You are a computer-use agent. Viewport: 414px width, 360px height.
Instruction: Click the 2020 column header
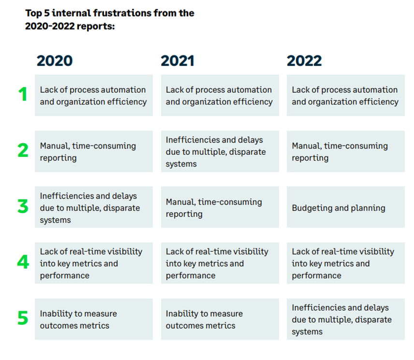pyautogui.click(x=55, y=61)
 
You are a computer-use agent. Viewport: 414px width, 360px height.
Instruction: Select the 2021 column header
pyautogui.click(x=177, y=61)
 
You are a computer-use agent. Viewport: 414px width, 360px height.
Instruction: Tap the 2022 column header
pyautogui.click(x=304, y=61)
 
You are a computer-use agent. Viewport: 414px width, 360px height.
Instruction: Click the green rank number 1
pyautogui.click(x=23, y=94)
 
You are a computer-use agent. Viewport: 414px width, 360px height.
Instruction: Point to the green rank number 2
pyautogui.click(x=23, y=150)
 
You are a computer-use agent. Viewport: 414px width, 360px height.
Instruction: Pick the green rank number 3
pyautogui.click(x=23, y=206)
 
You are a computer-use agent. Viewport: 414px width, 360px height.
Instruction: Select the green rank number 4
pyautogui.click(x=23, y=262)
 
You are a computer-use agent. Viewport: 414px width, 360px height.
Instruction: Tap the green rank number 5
pyautogui.click(x=23, y=318)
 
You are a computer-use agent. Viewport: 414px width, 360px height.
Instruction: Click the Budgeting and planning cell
pyautogui.click(x=346, y=207)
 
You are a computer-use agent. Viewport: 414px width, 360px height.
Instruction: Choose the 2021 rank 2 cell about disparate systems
pyautogui.click(x=220, y=151)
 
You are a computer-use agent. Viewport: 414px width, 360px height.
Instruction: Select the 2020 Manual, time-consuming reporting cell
pyautogui.click(x=94, y=151)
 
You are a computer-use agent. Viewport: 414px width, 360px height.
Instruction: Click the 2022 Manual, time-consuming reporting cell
pyautogui.click(x=346, y=151)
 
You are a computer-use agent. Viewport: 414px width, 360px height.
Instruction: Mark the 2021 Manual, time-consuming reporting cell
pyautogui.click(x=220, y=207)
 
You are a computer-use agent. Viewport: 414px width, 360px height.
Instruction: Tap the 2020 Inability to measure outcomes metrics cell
pyautogui.click(x=94, y=319)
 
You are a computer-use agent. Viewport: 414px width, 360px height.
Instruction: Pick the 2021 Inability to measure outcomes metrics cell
pyautogui.click(x=220, y=319)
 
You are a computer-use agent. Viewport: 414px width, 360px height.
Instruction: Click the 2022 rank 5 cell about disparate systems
pyautogui.click(x=346, y=319)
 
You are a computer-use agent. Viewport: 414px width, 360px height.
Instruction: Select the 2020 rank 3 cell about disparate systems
pyautogui.click(x=94, y=207)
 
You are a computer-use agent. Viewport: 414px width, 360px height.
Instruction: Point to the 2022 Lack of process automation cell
pyautogui.click(x=346, y=95)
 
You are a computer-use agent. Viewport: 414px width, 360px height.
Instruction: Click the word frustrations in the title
pyautogui.click(x=122, y=13)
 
